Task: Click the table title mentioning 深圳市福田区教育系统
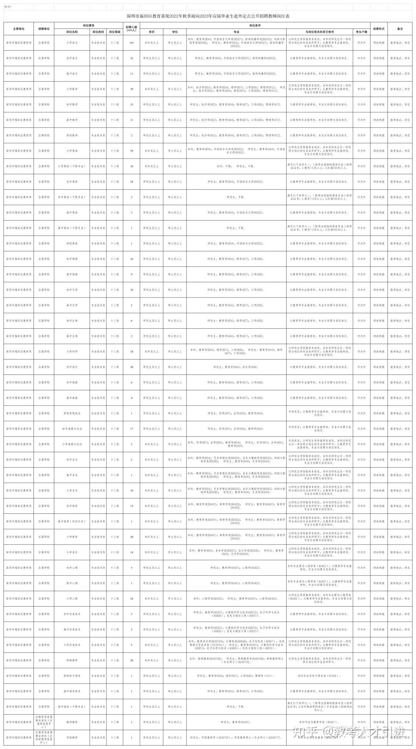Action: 208,16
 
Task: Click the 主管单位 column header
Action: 19,29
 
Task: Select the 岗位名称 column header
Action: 72,32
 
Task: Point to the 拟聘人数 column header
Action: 132,29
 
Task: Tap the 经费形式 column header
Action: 379,29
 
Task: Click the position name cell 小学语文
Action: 72,43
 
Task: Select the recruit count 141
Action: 132,43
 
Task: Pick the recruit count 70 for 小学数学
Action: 132,89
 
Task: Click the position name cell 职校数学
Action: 72,135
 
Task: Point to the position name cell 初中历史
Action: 72,367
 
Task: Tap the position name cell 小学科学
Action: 72,351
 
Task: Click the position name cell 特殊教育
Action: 72,660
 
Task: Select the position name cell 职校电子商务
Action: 72,676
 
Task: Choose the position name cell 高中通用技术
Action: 72,691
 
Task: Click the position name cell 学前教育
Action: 72,738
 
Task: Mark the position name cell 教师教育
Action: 72,722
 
